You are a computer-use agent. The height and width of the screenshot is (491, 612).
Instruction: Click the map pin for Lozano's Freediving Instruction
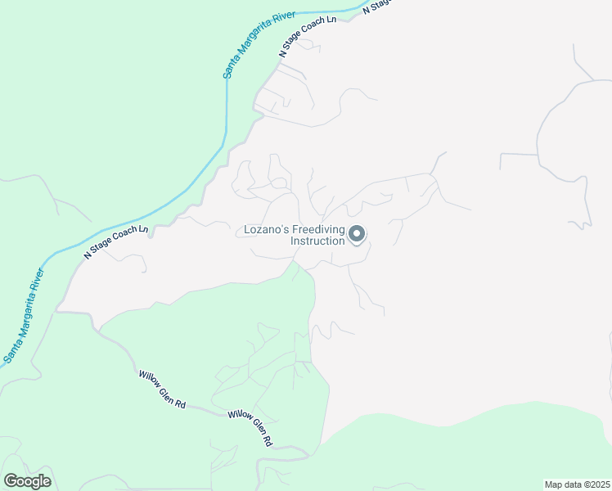(x=357, y=235)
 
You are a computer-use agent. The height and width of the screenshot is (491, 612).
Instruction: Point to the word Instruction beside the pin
(x=317, y=241)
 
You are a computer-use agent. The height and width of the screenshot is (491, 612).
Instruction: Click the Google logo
(x=27, y=481)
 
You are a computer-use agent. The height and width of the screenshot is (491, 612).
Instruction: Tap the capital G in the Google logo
(x=11, y=481)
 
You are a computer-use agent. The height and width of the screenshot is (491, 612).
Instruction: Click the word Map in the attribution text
(x=554, y=484)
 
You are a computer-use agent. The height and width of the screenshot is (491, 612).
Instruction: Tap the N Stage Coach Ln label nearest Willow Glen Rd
(x=116, y=243)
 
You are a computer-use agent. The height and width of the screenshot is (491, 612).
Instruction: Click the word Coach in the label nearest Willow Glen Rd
(x=122, y=240)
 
